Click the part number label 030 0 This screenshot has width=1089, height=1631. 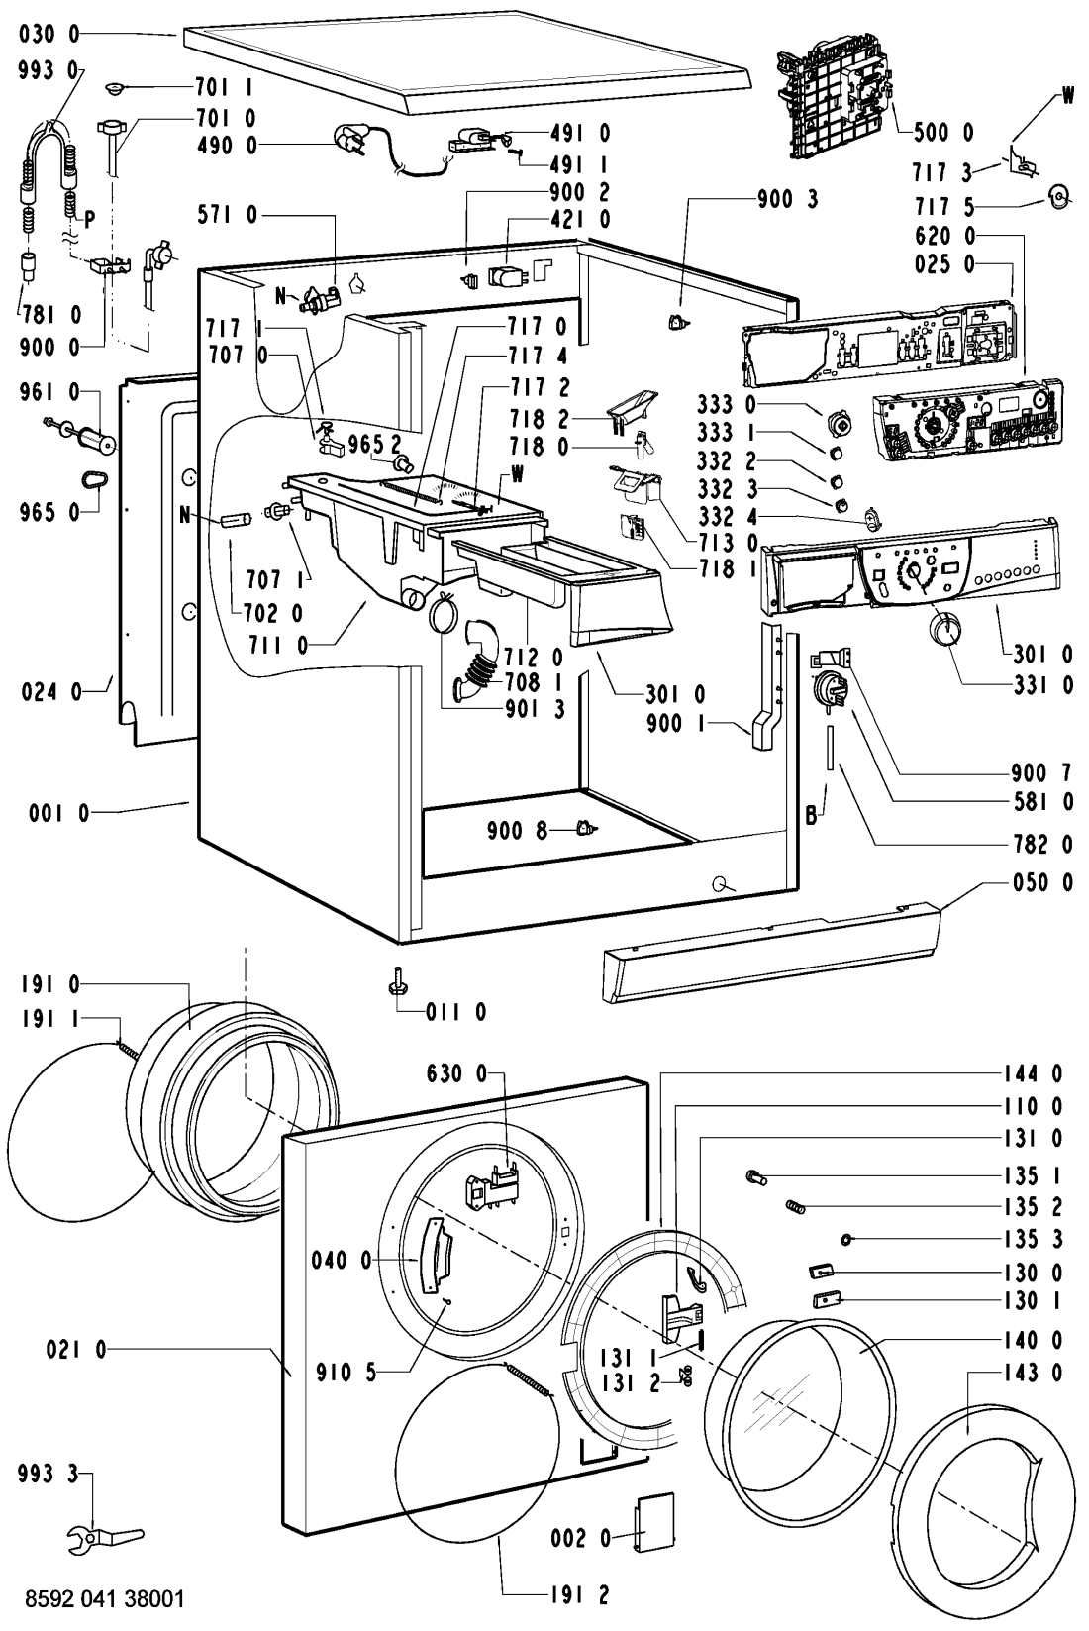tap(48, 35)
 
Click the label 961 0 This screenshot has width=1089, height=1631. tap(48, 393)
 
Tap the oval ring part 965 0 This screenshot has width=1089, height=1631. tap(94, 479)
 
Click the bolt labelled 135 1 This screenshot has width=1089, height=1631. tap(757, 1177)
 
